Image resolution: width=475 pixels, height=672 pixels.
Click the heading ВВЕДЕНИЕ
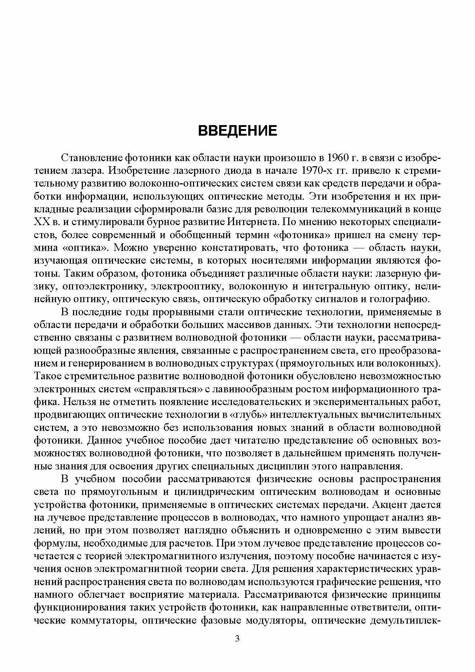pos(237,131)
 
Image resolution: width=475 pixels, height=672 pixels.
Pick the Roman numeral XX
pos(40,222)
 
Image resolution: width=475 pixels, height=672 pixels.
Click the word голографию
pos(399,299)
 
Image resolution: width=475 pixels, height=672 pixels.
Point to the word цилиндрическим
pos(214,492)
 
